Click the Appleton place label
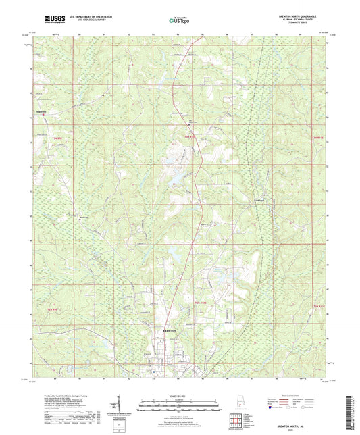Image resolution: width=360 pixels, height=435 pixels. (43, 111)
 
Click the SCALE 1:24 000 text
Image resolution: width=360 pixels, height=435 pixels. (180, 396)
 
